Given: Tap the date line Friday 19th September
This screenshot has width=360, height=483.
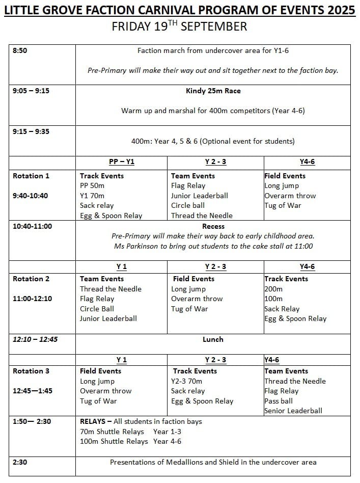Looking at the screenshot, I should (179, 27).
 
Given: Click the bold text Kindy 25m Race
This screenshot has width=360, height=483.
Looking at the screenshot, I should (213, 91).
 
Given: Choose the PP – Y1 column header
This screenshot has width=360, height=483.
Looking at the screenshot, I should (122, 162).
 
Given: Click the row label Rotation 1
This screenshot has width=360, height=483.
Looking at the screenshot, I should (31, 176).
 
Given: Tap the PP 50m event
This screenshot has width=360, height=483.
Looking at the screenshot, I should (92, 186).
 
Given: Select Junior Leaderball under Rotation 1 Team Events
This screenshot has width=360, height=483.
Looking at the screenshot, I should (199, 196).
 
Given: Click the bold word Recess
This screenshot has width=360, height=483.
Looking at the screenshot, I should (213, 226).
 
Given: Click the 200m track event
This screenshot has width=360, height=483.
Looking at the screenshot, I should (273, 289).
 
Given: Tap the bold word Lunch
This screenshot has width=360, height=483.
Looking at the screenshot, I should (213, 339).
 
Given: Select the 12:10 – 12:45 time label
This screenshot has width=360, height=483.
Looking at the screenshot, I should (35, 339).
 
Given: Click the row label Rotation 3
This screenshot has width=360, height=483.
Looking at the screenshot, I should (31, 371).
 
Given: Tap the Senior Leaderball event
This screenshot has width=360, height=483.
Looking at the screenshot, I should (293, 411).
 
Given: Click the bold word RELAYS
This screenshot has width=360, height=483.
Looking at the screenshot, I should (93, 421).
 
